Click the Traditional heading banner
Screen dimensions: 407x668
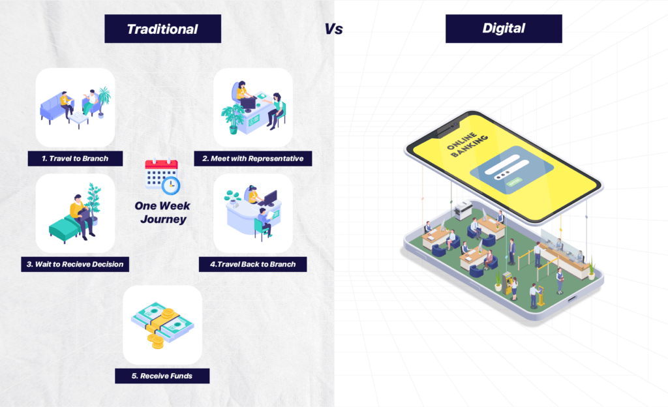click(162, 29)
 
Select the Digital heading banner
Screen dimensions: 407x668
click(504, 29)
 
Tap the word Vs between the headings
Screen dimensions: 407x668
click(333, 29)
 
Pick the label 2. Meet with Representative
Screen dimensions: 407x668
click(252, 158)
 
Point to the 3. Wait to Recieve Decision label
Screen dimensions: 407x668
click(74, 264)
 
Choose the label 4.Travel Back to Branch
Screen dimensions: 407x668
click(252, 264)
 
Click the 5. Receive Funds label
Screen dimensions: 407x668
click(162, 376)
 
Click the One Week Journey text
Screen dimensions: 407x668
click(162, 213)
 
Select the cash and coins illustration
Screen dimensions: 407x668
click(162, 325)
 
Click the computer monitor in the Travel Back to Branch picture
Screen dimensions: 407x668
click(267, 196)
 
